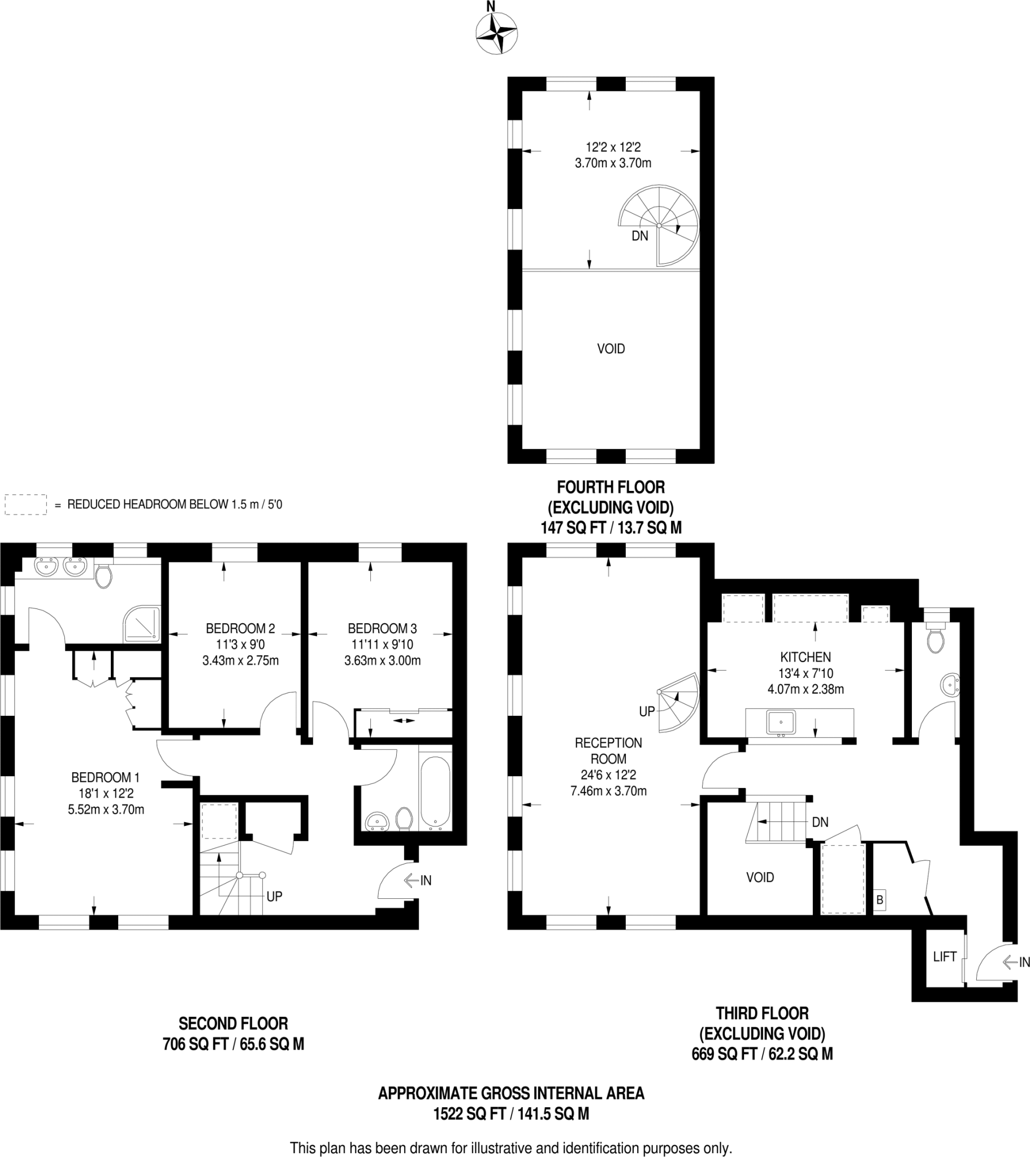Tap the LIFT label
point(945,956)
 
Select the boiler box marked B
point(879,899)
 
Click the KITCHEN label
point(805,657)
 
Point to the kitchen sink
point(781,723)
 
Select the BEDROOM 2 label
point(240,628)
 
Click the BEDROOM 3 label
point(382,628)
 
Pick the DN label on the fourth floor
point(639,236)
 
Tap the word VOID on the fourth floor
point(611,349)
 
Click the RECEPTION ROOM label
point(608,751)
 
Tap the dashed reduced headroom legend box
point(25,504)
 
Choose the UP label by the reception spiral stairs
point(647,711)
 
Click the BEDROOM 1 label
point(105,778)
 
